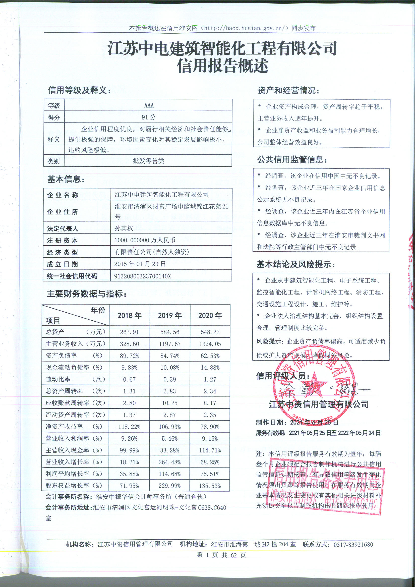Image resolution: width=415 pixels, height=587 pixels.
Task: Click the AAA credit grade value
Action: (x=149, y=105)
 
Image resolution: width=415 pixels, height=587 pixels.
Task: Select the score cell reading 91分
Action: (x=149, y=117)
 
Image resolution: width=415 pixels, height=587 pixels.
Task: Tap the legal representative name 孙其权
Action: (x=124, y=228)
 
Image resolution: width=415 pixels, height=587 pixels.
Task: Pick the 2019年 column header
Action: (x=170, y=316)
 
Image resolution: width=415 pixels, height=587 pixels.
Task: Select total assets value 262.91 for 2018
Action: (x=129, y=332)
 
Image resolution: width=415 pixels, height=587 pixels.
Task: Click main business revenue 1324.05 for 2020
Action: (x=210, y=344)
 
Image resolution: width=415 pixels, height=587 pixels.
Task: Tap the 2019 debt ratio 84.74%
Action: (x=170, y=356)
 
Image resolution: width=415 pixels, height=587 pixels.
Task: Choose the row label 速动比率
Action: (x=58, y=379)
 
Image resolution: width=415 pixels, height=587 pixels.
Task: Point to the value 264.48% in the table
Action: (x=170, y=462)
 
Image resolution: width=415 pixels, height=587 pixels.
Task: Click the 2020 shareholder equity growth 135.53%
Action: (x=210, y=486)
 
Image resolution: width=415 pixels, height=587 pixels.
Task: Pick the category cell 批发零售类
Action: (x=149, y=161)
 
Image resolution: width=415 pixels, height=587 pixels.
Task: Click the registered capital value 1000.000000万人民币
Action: (x=145, y=240)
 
